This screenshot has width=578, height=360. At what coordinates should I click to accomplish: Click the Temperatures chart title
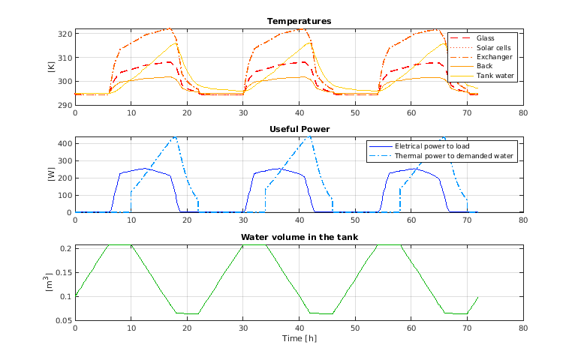pyautogui.click(x=300, y=21)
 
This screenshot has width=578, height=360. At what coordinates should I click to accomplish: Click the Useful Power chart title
pyautogui.click(x=300, y=129)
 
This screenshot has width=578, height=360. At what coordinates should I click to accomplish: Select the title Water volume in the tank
pyautogui.click(x=300, y=237)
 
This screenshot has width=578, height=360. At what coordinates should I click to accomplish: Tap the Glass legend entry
pyautogui.click(x=486, y=37)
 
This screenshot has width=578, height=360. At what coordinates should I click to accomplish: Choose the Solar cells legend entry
pyautogui.click(x=494, y=47)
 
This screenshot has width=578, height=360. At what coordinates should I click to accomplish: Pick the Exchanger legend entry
pyautogui.click(x=492, y=57)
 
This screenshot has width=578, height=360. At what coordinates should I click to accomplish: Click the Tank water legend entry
pyautogui.click(x=495, y=76)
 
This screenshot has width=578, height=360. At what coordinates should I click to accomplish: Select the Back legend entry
pyautogui.click(x=484, y=66)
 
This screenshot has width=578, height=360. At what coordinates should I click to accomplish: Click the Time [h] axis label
pyautogui.click(x=300, y=339)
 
